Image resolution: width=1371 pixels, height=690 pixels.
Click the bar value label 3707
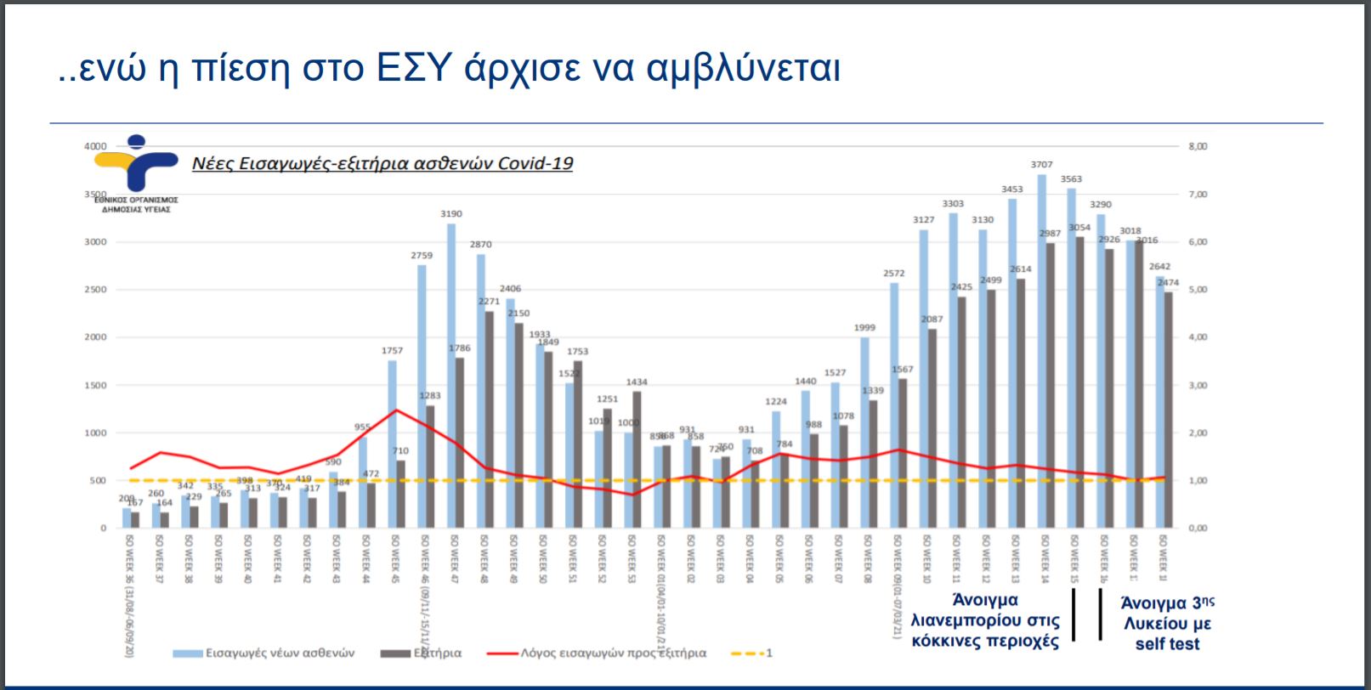click(x=1041, y=165)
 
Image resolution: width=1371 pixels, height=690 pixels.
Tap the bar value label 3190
click(x=451, y=214)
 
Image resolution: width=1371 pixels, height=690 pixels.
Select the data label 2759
click(x=422, y=255)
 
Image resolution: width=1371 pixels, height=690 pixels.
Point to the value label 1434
click(x=637, y=382)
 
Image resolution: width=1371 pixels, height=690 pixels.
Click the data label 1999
click(x=864, y=328)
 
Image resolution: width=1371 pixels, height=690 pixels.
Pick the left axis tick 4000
click(x=95, y=146)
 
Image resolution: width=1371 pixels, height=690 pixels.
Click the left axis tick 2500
click(x=95, y=290)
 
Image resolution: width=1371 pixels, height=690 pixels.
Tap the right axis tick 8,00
click(x=1198, y=146)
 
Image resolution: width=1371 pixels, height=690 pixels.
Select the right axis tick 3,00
click(x=1198, y=385)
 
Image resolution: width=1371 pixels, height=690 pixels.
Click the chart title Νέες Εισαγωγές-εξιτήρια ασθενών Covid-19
click(x=382, y=163)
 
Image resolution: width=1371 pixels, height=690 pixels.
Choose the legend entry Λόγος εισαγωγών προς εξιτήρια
click(x=613, y=653)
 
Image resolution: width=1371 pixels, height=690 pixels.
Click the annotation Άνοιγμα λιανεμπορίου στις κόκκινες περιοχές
click(x=985, y=621)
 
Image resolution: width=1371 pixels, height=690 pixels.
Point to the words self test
click(x=1167, y=644)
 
